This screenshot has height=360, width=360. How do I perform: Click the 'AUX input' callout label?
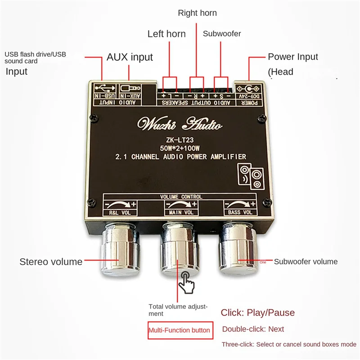(x=130, y=57)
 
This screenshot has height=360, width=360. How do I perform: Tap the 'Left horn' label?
(x=166, y=34)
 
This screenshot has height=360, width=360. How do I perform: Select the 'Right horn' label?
(x=197, y=13)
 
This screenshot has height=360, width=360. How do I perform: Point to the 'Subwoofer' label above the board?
(x=222, y=34)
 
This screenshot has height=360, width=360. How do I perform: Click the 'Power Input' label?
(x=293, y=57)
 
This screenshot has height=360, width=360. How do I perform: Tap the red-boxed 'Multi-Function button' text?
(x=180, y=330)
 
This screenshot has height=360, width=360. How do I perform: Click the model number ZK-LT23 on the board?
(x=180, y=139)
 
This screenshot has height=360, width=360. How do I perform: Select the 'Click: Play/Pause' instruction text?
(x=257, y=313)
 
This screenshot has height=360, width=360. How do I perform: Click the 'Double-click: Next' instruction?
(x=253, y=329)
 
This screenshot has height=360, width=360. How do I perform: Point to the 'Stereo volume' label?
(x=51, y=261)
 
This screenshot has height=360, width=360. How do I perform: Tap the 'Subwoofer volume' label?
(x=306, y=261)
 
